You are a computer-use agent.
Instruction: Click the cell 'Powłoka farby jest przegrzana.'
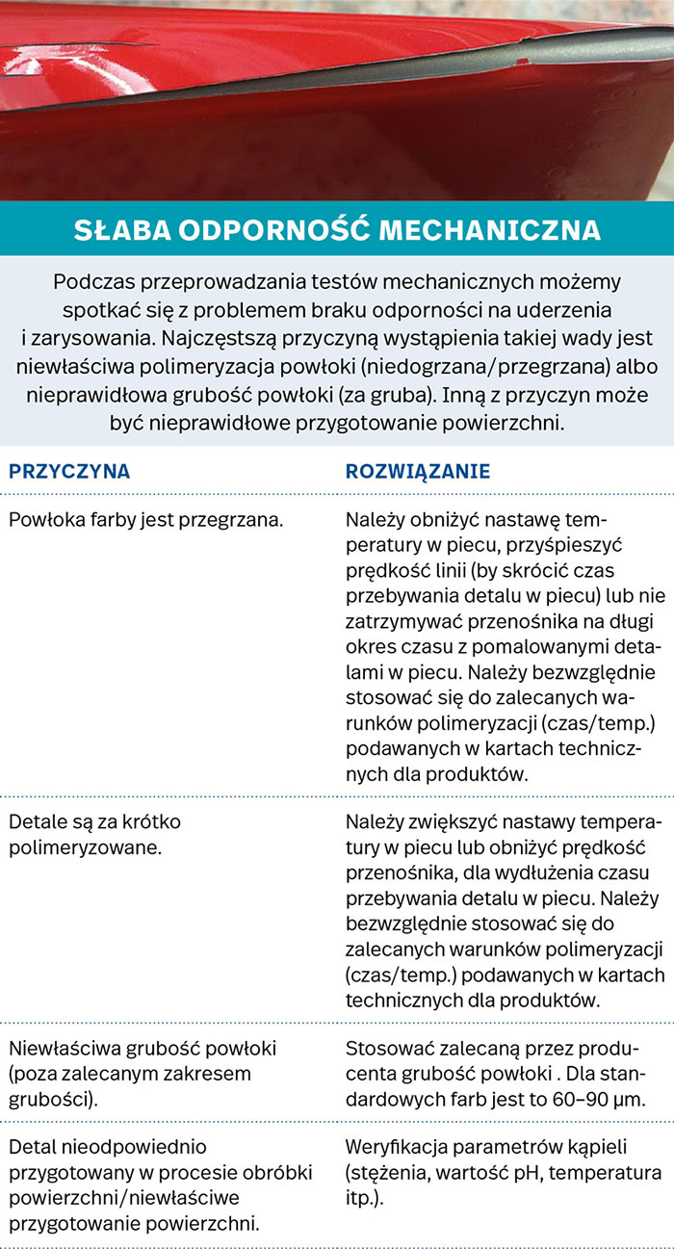coord(145,520)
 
